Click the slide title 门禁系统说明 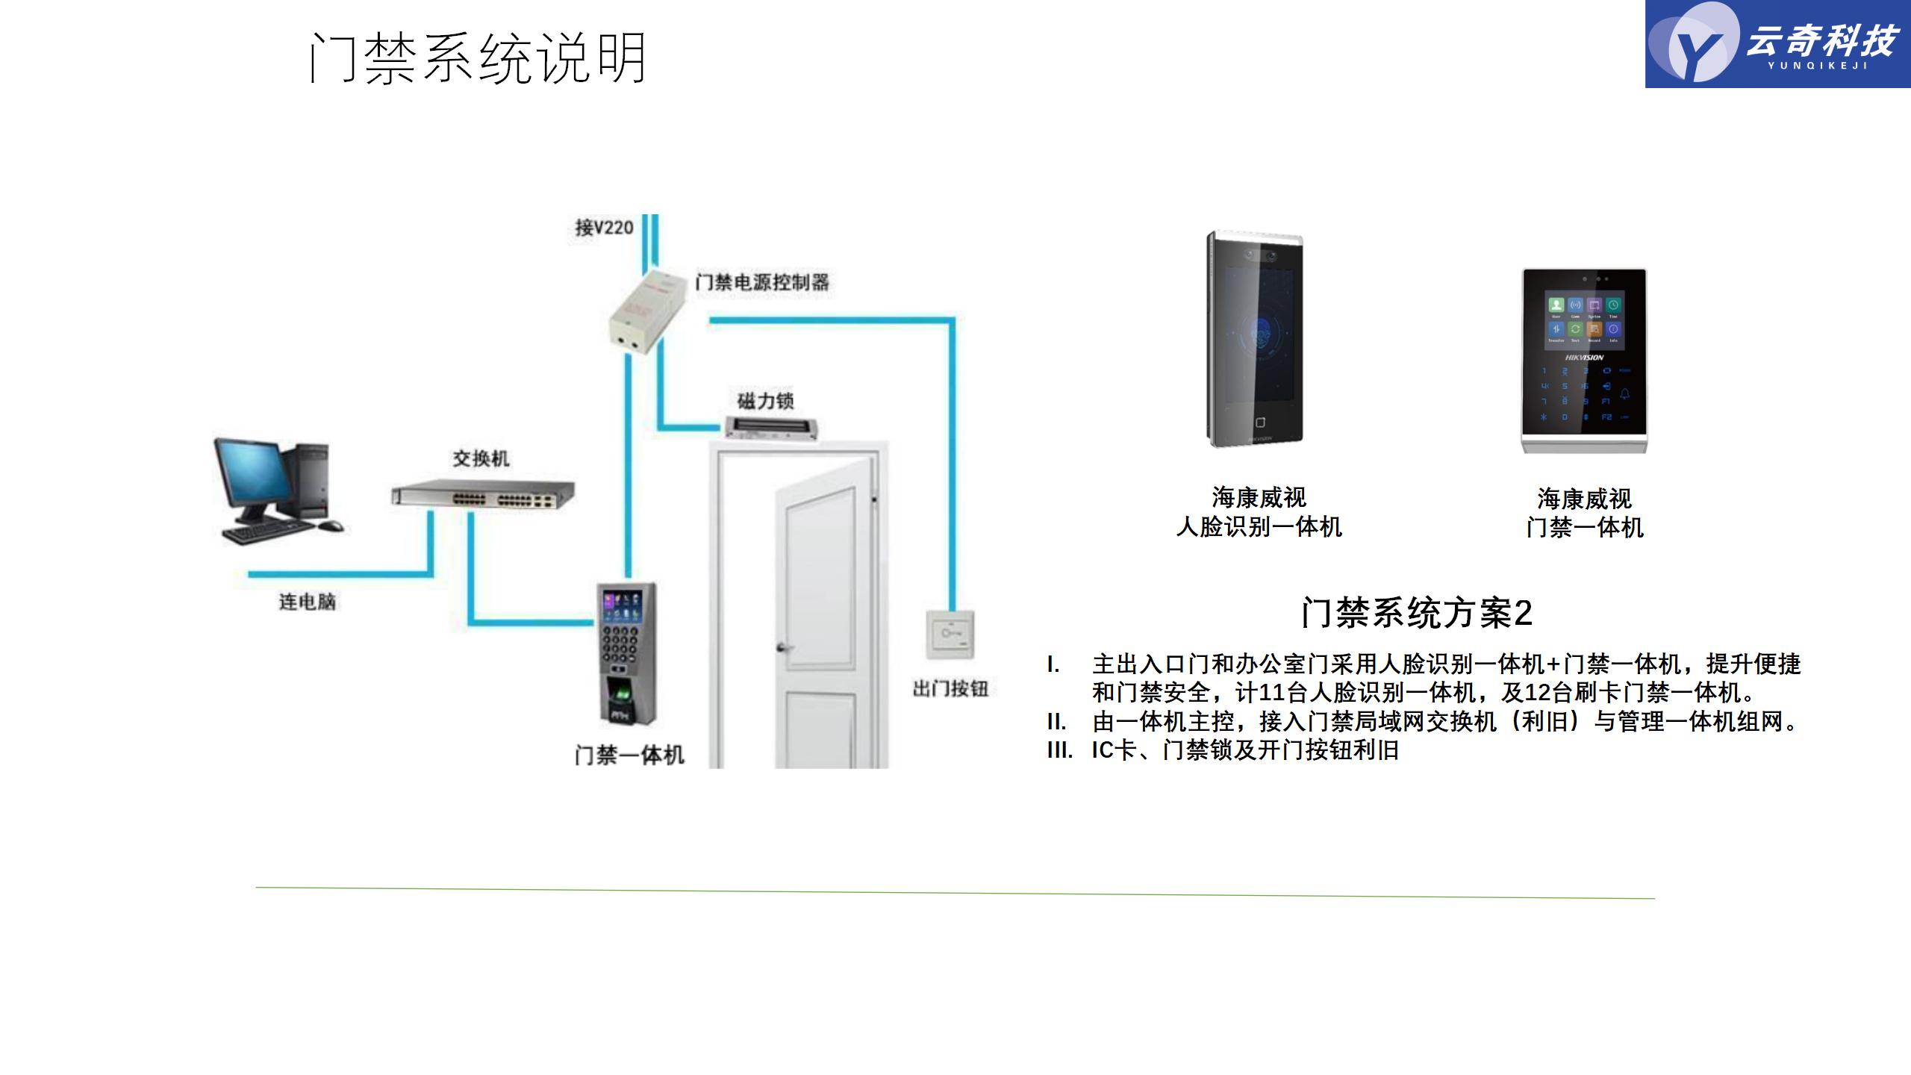(x=478, y=57)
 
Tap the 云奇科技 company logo (x=1777, y=44)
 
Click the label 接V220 (x=604, y=227)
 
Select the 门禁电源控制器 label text (x=762, y=282)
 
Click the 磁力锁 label (x=765, y=401)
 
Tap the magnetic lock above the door (x=772, y=428)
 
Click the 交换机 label (x=481, y=458)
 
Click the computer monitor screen (x=252, y=475)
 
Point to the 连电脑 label (x=307, y=601)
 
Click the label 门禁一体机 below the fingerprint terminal (x=629, y=755)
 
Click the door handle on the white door (x=783, y=647)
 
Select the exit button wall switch (x=950, y=634)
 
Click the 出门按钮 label (x=950, y=688)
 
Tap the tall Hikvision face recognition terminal (x=1255, y=340)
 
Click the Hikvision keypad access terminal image (x=1584, y=361)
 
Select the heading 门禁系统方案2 (x=1416, y=613)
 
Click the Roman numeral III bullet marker (x=1059, y=750)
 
